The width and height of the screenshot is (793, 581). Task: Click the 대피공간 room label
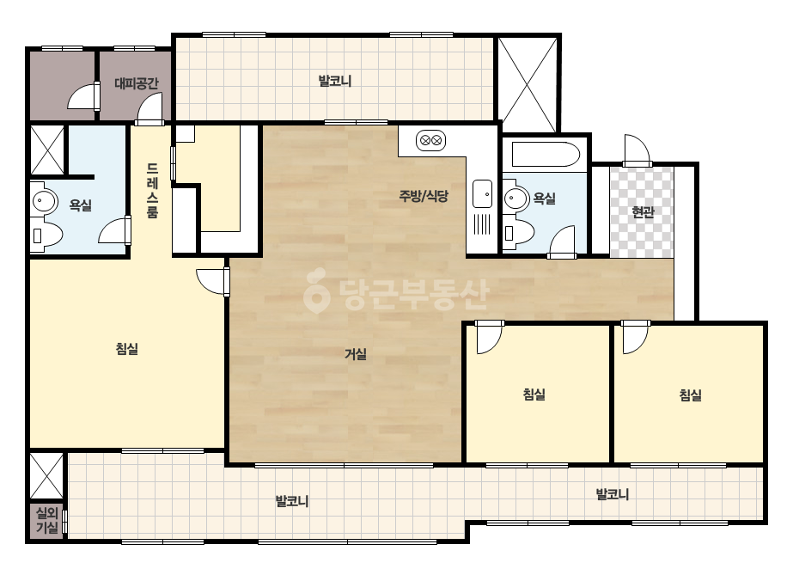click(136, 83)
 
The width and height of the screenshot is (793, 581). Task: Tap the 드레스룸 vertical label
click(152, 190)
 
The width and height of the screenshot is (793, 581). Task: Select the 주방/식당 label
click(424, 196)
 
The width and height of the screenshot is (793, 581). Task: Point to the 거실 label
click(355, 354)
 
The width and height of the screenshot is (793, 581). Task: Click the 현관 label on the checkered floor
click(643, 211)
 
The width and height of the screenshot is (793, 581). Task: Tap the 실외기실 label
click(47, 521)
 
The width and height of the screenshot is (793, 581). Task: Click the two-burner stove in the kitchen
click(431, 140)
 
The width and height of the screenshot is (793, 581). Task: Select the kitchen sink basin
click(482, 194)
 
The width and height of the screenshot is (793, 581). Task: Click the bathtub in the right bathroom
click(546, 155)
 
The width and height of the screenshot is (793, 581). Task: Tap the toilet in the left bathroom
click(46, 235)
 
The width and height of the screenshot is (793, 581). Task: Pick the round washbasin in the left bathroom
click(45, 201)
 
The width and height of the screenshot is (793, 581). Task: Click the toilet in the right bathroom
click(519, 233)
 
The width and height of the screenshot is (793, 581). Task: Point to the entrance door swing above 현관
click(637, 150)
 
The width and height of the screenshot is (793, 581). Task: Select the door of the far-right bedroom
click(635, 337)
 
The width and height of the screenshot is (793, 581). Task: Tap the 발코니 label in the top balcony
click(335, 81)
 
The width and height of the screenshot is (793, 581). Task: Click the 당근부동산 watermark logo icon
click(316, 291)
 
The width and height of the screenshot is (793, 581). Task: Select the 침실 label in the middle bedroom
click(534, 394)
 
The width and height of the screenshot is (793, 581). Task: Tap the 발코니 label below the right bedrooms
click(613, 494)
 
